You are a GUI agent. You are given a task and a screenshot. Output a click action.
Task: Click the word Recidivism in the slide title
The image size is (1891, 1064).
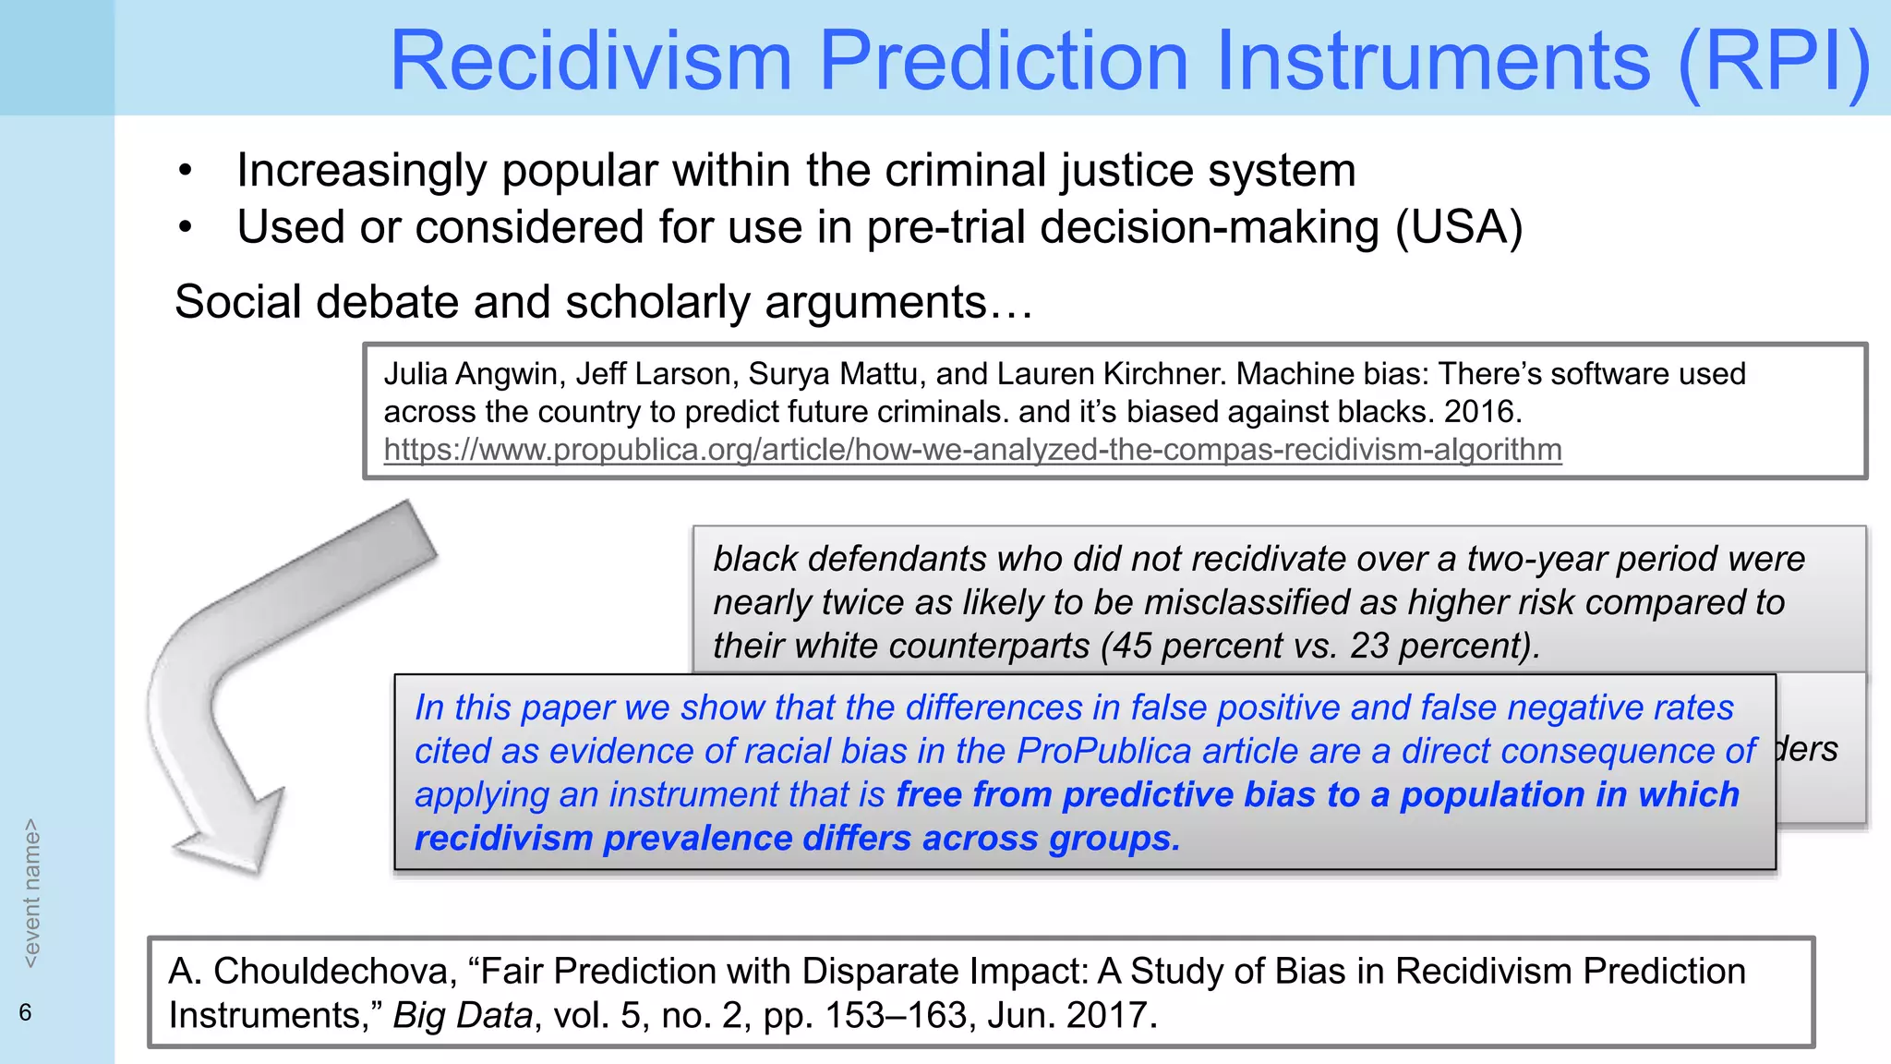click(x=591, y=61)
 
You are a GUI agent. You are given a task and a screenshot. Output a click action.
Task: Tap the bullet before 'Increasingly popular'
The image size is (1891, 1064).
click(x=186, y=171)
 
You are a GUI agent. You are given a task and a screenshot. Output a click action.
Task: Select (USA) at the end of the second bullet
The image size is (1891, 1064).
click(x=1458, y=227)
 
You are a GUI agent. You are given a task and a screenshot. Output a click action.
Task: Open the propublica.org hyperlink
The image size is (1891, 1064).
click(x=972, y=450)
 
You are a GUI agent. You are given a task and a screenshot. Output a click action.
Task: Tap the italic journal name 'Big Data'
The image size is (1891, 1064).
click(x=463, y=1016)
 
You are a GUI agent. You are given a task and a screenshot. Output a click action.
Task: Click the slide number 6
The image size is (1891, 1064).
click(x=25, y=1013)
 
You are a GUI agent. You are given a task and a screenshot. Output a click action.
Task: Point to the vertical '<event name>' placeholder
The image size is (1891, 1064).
click(x=31, y=893)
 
